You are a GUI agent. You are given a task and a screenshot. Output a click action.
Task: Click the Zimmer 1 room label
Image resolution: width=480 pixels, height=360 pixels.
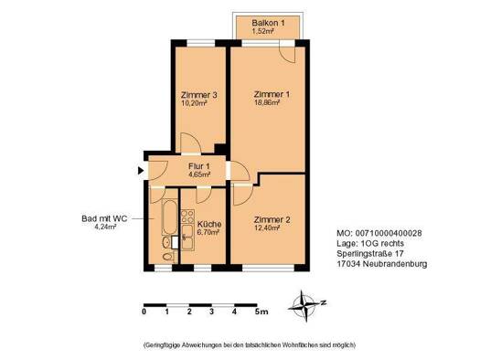[272, 95]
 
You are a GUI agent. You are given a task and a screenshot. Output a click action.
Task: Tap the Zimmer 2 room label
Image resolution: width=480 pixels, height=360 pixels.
[272, 219]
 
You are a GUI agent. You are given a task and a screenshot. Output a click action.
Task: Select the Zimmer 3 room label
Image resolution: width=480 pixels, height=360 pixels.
[198, 95]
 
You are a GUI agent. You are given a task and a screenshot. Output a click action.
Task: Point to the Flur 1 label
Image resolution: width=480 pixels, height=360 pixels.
[199, 165]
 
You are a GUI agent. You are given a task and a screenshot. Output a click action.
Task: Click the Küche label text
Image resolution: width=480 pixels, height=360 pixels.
[208, 224]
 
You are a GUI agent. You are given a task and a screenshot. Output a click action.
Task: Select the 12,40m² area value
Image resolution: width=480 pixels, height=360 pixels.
[268, 228]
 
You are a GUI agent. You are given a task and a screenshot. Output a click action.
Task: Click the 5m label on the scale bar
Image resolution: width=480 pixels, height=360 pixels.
[261, 313]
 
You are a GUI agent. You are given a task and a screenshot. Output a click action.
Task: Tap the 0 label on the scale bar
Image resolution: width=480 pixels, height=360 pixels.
[144, 313]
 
